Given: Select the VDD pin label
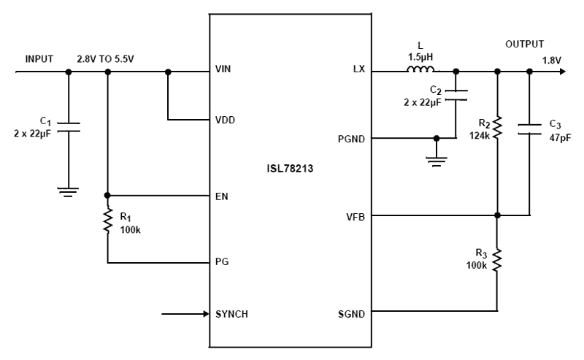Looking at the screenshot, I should [x=227, y=119].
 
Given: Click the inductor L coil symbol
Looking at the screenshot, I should [x=421, y=70].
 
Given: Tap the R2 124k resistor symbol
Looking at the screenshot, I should [x=497, y=128].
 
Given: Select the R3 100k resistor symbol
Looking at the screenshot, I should [x=497, y=259].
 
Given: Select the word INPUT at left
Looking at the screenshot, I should [x=39, y=58].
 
